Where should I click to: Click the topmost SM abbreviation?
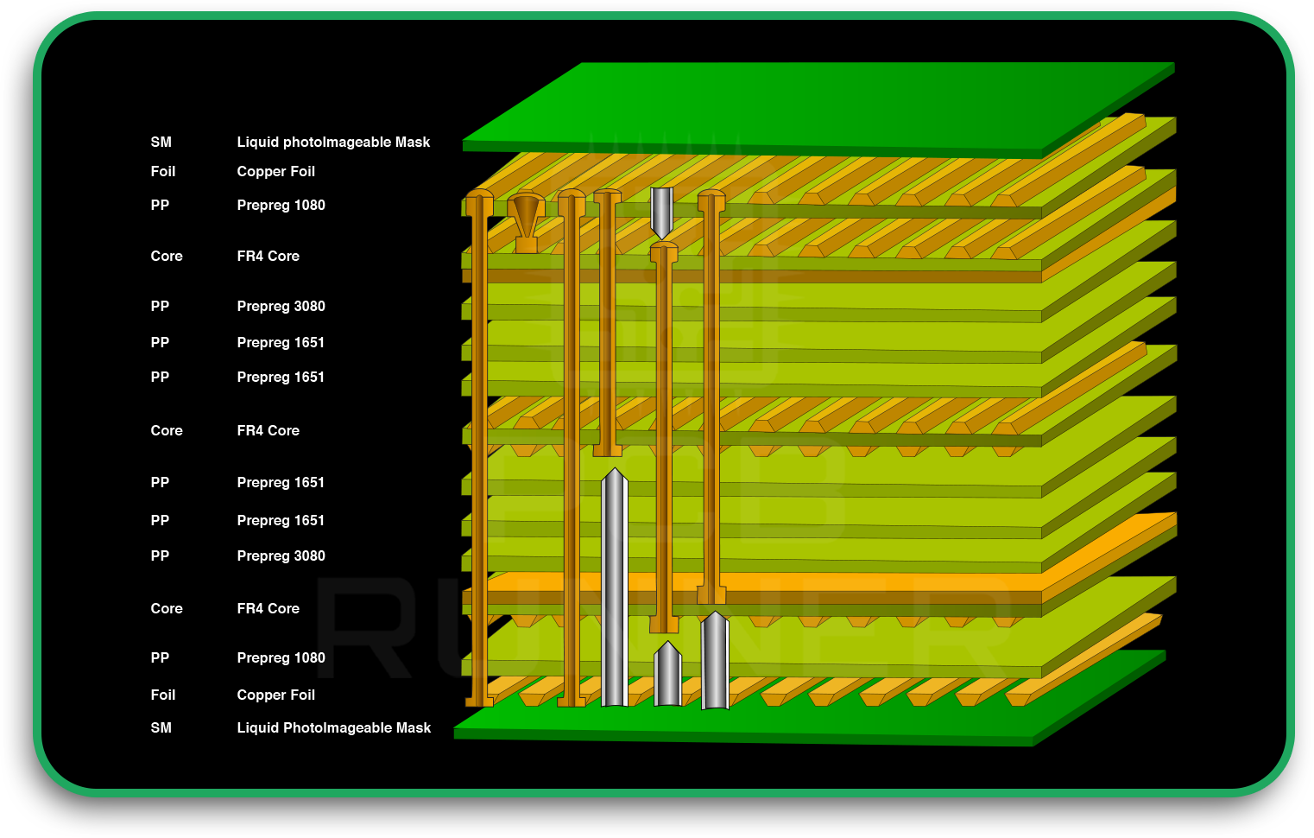161,143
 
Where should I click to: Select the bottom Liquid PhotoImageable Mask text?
333,728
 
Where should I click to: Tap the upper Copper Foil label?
275,172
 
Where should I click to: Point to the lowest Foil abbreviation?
162,695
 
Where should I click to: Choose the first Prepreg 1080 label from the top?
281,206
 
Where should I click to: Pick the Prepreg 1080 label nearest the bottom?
281,658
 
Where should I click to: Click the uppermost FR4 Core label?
268,257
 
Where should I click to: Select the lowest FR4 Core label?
268,609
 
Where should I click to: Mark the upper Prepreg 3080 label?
281,307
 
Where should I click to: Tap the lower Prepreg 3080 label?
281,556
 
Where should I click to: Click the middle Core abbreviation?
167,431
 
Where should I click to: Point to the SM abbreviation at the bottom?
161,728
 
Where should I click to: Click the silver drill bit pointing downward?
661,212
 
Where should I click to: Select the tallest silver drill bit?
614,587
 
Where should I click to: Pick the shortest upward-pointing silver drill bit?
667,675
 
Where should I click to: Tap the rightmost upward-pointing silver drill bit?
715,661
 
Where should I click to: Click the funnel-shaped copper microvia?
526,221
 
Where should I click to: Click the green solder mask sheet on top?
820,108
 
